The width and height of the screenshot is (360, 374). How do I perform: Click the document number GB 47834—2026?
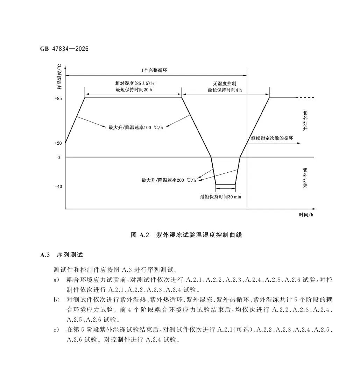tap(64, 49)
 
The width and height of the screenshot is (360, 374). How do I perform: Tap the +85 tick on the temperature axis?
tap(58, 98)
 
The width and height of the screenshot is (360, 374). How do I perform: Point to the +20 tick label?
tap(58, 143)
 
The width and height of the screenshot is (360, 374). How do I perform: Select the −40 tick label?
tap(58, 186)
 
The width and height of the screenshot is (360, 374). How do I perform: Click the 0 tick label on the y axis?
tap(59, 157)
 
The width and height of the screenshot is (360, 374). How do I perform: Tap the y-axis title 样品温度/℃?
tap(59, 77)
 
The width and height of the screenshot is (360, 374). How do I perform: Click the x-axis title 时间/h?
tap(306, 215)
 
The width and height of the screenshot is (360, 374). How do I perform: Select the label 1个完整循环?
tap(154, 70)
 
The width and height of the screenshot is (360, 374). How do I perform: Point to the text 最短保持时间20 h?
tap(134, 90)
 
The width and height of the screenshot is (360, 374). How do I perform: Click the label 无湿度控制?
tap(224, 84)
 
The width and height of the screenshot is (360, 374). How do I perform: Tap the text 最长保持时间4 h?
tap(224, 90)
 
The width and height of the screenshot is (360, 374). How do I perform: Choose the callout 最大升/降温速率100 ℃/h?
tap(136, 127)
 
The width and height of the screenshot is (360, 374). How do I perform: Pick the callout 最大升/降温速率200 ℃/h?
tap(169, 180)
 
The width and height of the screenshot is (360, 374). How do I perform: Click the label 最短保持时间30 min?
tap(220, 197)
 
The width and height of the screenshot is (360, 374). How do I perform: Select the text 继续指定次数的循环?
tap(272, 138)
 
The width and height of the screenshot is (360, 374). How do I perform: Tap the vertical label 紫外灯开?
tap(305, 121)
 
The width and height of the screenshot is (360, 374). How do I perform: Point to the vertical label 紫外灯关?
tap(305, 178)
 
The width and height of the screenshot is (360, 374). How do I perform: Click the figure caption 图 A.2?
tap(140, 235)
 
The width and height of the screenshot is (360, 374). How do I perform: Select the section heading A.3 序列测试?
tap(61, 255)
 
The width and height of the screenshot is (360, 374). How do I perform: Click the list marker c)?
tap(56, 330)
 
